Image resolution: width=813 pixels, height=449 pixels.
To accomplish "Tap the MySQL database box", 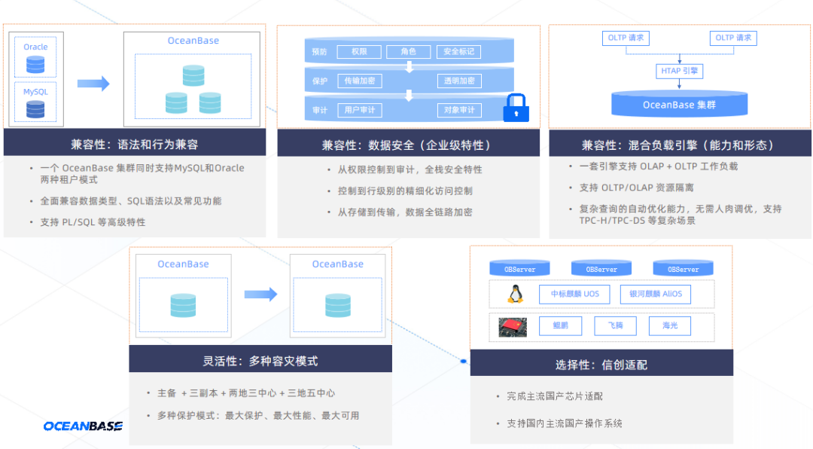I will tap(35, 102).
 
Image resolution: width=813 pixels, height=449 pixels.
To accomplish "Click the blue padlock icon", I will tap(516, 108).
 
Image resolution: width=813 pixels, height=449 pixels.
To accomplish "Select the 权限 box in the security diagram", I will tap(358, 52).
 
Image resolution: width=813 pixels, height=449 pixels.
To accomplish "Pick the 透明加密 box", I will tap(459, 81).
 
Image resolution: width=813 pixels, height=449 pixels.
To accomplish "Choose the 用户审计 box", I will tap(360, 110).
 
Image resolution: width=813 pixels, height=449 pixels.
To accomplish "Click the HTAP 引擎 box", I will tap(679, 71).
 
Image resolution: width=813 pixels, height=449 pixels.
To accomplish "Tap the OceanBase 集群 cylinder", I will tap(679, 104).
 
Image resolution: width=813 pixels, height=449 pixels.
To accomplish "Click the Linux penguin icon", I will tap(516, 294).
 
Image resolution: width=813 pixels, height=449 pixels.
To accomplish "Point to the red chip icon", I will tap(513, 326).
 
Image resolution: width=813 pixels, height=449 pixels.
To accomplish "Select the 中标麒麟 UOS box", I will tap(575, 294).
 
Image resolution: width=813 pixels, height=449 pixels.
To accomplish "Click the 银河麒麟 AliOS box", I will tap(655, 294).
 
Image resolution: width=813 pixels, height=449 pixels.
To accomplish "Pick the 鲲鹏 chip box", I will tap(560, 326).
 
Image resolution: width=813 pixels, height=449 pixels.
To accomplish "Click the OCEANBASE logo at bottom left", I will tap(83, 426).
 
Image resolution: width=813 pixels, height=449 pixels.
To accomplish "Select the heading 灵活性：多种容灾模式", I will tap(260, 361).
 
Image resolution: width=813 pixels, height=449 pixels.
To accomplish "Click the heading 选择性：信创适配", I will tap(601, 365).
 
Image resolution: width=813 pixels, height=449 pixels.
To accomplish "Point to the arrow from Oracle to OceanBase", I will tap(93, 84).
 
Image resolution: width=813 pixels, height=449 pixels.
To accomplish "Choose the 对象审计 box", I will tap(459, 110).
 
